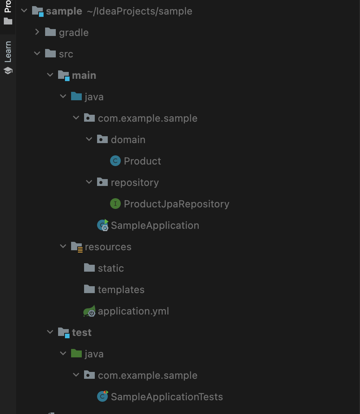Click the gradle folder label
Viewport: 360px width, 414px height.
coord(73,33)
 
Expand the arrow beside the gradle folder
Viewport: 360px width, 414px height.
coord(37,32)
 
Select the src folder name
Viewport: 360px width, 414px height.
coord(66,54)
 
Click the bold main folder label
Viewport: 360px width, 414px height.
coord(84,75)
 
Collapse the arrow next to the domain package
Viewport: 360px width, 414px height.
coord(89,139)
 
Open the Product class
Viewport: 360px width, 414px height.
coord(142,161)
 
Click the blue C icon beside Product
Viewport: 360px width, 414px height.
coord(115,161)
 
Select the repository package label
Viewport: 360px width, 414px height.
coord(135,183)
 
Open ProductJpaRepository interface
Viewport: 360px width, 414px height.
coord(176,204)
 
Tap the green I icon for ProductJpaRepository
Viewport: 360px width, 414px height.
coord(115,204)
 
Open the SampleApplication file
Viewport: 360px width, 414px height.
coord(155,225)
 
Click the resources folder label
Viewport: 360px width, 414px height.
coord(108,247)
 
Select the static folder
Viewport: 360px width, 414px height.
coord(110,268)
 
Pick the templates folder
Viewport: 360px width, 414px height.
coord(121,290)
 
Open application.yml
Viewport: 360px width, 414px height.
coord(133,311)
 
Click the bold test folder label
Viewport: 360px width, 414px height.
coord(81,333)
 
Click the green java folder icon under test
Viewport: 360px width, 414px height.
coord(76,354)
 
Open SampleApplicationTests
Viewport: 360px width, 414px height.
coord(167,397)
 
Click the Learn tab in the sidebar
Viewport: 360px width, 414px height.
coord(8,52)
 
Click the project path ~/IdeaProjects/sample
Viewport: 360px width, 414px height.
coord(139,11)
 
